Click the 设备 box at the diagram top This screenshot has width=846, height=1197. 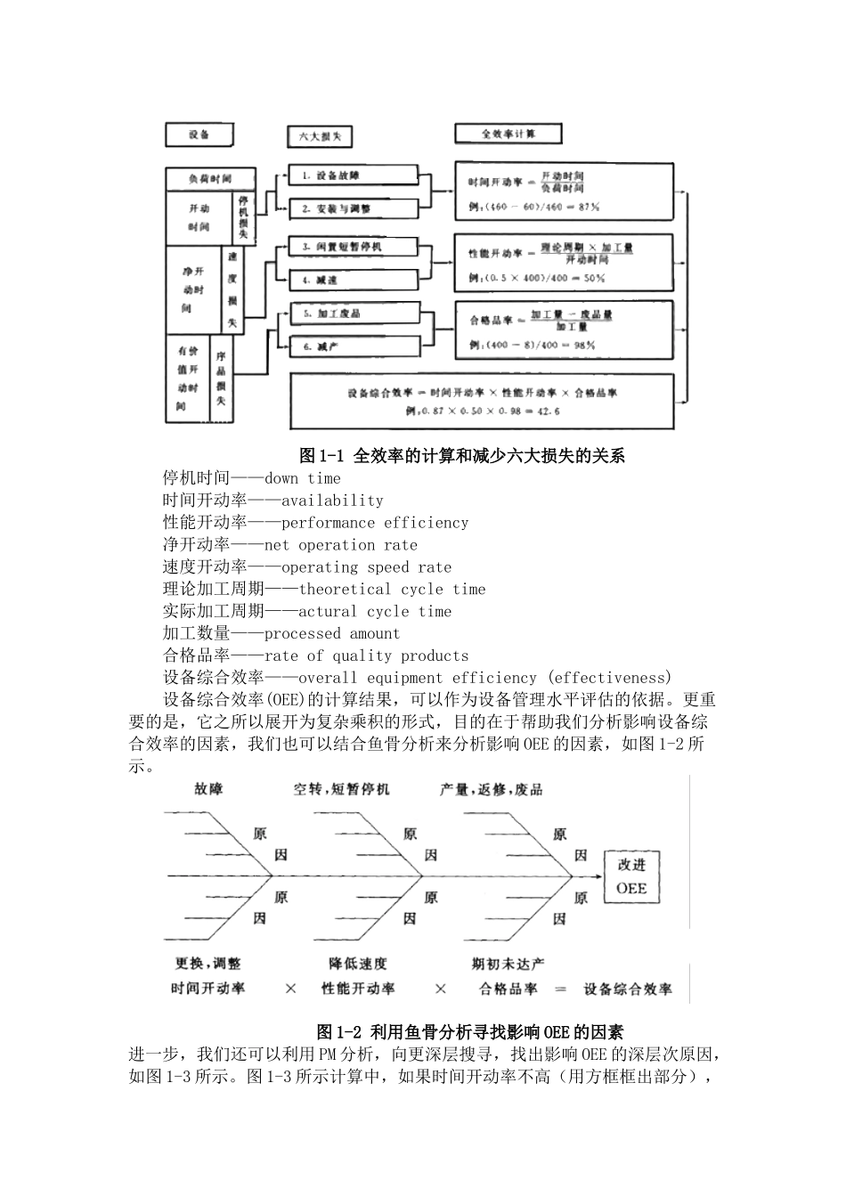(199, 134)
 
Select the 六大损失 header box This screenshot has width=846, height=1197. (319, 136)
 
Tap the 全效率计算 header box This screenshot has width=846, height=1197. (508, 134)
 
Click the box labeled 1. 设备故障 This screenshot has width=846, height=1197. (354, 175)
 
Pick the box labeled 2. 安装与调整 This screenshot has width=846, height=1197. (354, 208)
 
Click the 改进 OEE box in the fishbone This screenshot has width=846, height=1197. (632, 876)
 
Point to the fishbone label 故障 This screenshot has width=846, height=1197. (208, 789)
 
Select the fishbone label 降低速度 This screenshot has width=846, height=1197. (358, 963)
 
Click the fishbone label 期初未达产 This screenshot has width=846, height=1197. (508, 963)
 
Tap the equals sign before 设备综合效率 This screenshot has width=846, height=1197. (560, 989)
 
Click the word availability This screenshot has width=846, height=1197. (332, 501)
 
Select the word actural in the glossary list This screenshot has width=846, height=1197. (328, 611)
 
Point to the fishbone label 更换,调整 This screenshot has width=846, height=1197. (207, 963)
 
